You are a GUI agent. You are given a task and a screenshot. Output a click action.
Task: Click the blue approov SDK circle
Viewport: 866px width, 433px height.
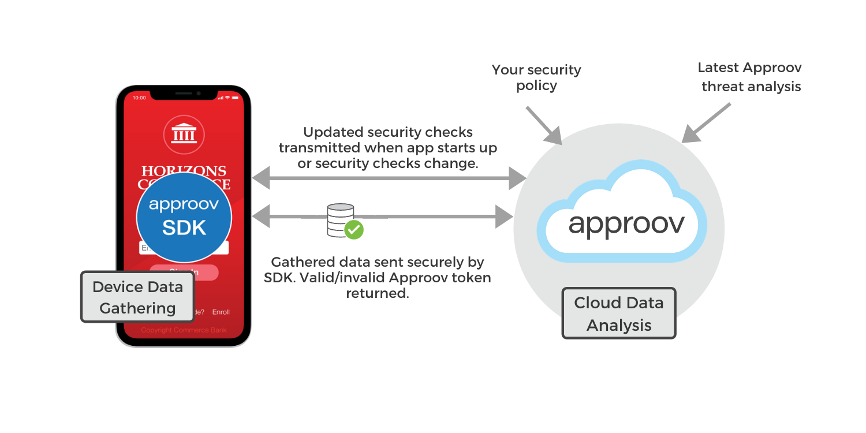pyautogui.click(x=184, y=217)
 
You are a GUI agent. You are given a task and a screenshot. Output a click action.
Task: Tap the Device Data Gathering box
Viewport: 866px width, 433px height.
pyautogui.click(x=137, y=297)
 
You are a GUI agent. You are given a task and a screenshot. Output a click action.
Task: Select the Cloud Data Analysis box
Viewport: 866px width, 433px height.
pyautogui.click(x=618, y=313)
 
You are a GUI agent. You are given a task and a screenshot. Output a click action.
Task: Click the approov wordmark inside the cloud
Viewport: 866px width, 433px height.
pyautogui.click(x=626, y=224)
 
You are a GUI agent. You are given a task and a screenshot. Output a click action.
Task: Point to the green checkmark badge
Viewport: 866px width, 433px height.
pyautogui.click(x=353, y=230)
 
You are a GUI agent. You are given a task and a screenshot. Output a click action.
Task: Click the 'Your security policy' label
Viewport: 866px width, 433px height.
pyautogui.click(x=536, y=78)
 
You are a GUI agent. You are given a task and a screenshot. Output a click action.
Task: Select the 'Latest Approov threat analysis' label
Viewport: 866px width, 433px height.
pyautogui.click(x=750, y=77)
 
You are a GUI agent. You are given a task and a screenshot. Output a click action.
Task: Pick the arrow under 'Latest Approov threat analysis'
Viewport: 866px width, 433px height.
pyautogui.click(x=705, y=124)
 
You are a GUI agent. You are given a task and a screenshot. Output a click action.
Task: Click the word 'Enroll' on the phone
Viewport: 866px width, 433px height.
pyautogui.click(x=221, y=312)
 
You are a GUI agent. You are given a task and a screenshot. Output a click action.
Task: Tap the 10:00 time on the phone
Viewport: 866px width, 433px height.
pyautogui.click(x=140, y=98)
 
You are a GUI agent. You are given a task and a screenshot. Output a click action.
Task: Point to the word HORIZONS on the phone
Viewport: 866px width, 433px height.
pyautogui.click(x=184, y=171)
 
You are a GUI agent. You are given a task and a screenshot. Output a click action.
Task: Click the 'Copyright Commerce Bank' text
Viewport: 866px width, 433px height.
pyautogui.click(x=184, y=330)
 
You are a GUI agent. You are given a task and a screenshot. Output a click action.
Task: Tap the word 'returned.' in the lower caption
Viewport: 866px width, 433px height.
pyautogui.click(x=378, y=293)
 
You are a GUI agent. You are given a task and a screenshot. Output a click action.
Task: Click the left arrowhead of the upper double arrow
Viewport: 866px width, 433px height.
pyautogui.click(x=261, y=177)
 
